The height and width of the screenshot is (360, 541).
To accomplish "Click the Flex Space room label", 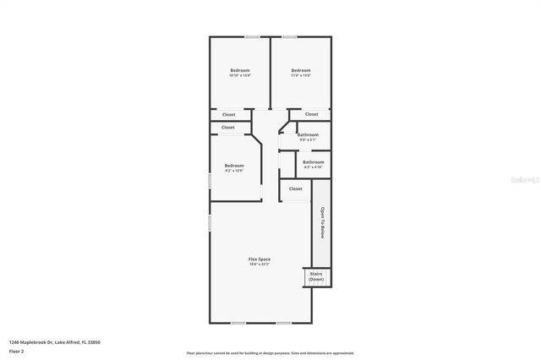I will (x=259, y=259).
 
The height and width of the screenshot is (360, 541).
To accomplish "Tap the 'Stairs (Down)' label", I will (x=315, y=276).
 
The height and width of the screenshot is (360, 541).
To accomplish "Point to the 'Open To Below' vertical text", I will (x=322, y=224).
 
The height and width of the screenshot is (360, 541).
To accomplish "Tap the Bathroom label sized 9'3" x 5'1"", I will (x=308, y=136).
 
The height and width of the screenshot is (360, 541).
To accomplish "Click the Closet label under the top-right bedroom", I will (x=311, y=114).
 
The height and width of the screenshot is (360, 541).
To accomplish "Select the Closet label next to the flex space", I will (x=295, y=188).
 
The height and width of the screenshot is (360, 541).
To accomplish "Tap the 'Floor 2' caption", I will (x=17, y=352).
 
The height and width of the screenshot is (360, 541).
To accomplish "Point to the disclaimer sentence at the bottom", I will (x=270, y=352).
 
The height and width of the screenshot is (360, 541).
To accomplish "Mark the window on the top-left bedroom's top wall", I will (x=228, y=36).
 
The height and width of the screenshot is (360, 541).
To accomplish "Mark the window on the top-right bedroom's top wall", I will (x=289, y=36).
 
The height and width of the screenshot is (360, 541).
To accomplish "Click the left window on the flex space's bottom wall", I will (x=238, y=323).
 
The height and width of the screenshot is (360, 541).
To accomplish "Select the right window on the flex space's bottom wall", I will (x=283, y=323).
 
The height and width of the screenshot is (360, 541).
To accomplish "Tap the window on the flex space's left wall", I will (x=210, y=223).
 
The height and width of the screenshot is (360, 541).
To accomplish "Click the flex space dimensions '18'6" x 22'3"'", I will (x=259, y=265).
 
